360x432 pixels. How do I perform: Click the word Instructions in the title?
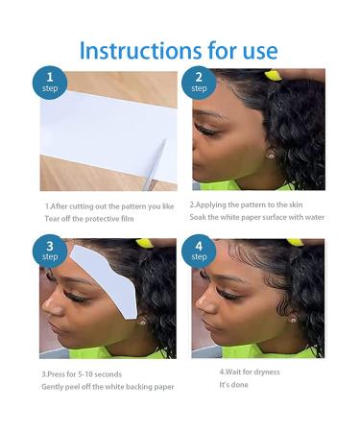click(140, 50)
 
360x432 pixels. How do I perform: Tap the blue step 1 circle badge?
click(50, 83)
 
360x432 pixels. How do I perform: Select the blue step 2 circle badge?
click(199, 83)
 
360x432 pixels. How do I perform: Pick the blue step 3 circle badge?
click(50, 251)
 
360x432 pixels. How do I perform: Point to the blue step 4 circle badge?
click(199, 251)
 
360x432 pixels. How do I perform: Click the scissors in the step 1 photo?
click(155, 164)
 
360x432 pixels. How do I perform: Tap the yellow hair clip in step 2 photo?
click(273, 76)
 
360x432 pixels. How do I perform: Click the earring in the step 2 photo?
click(272, 156)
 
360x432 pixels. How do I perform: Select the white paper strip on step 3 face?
click(106, 279)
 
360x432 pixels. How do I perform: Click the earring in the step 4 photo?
click(293, 320)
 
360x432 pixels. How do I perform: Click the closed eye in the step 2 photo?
click(204, 130)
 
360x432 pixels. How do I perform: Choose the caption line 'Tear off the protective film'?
click(89, 219)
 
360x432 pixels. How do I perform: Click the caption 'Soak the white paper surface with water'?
click(257, 217)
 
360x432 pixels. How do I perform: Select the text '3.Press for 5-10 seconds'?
click(82, 374)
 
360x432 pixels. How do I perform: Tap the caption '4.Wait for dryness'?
click(250, 372)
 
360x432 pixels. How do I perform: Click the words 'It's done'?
click(233, 385)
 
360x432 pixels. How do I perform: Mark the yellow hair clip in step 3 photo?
click(143, 243)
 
